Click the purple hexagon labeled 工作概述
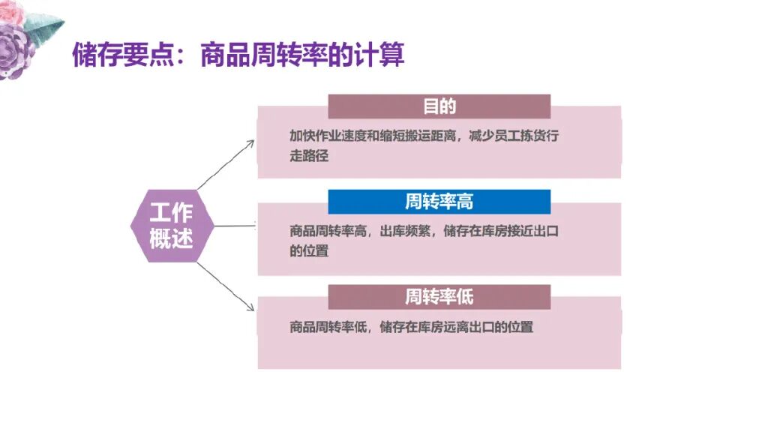(172, 226)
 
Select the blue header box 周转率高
(439, 202)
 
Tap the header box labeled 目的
(439, 106)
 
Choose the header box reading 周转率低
(439, 297)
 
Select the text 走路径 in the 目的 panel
(309, 157)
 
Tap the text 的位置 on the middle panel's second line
(309, 251)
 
